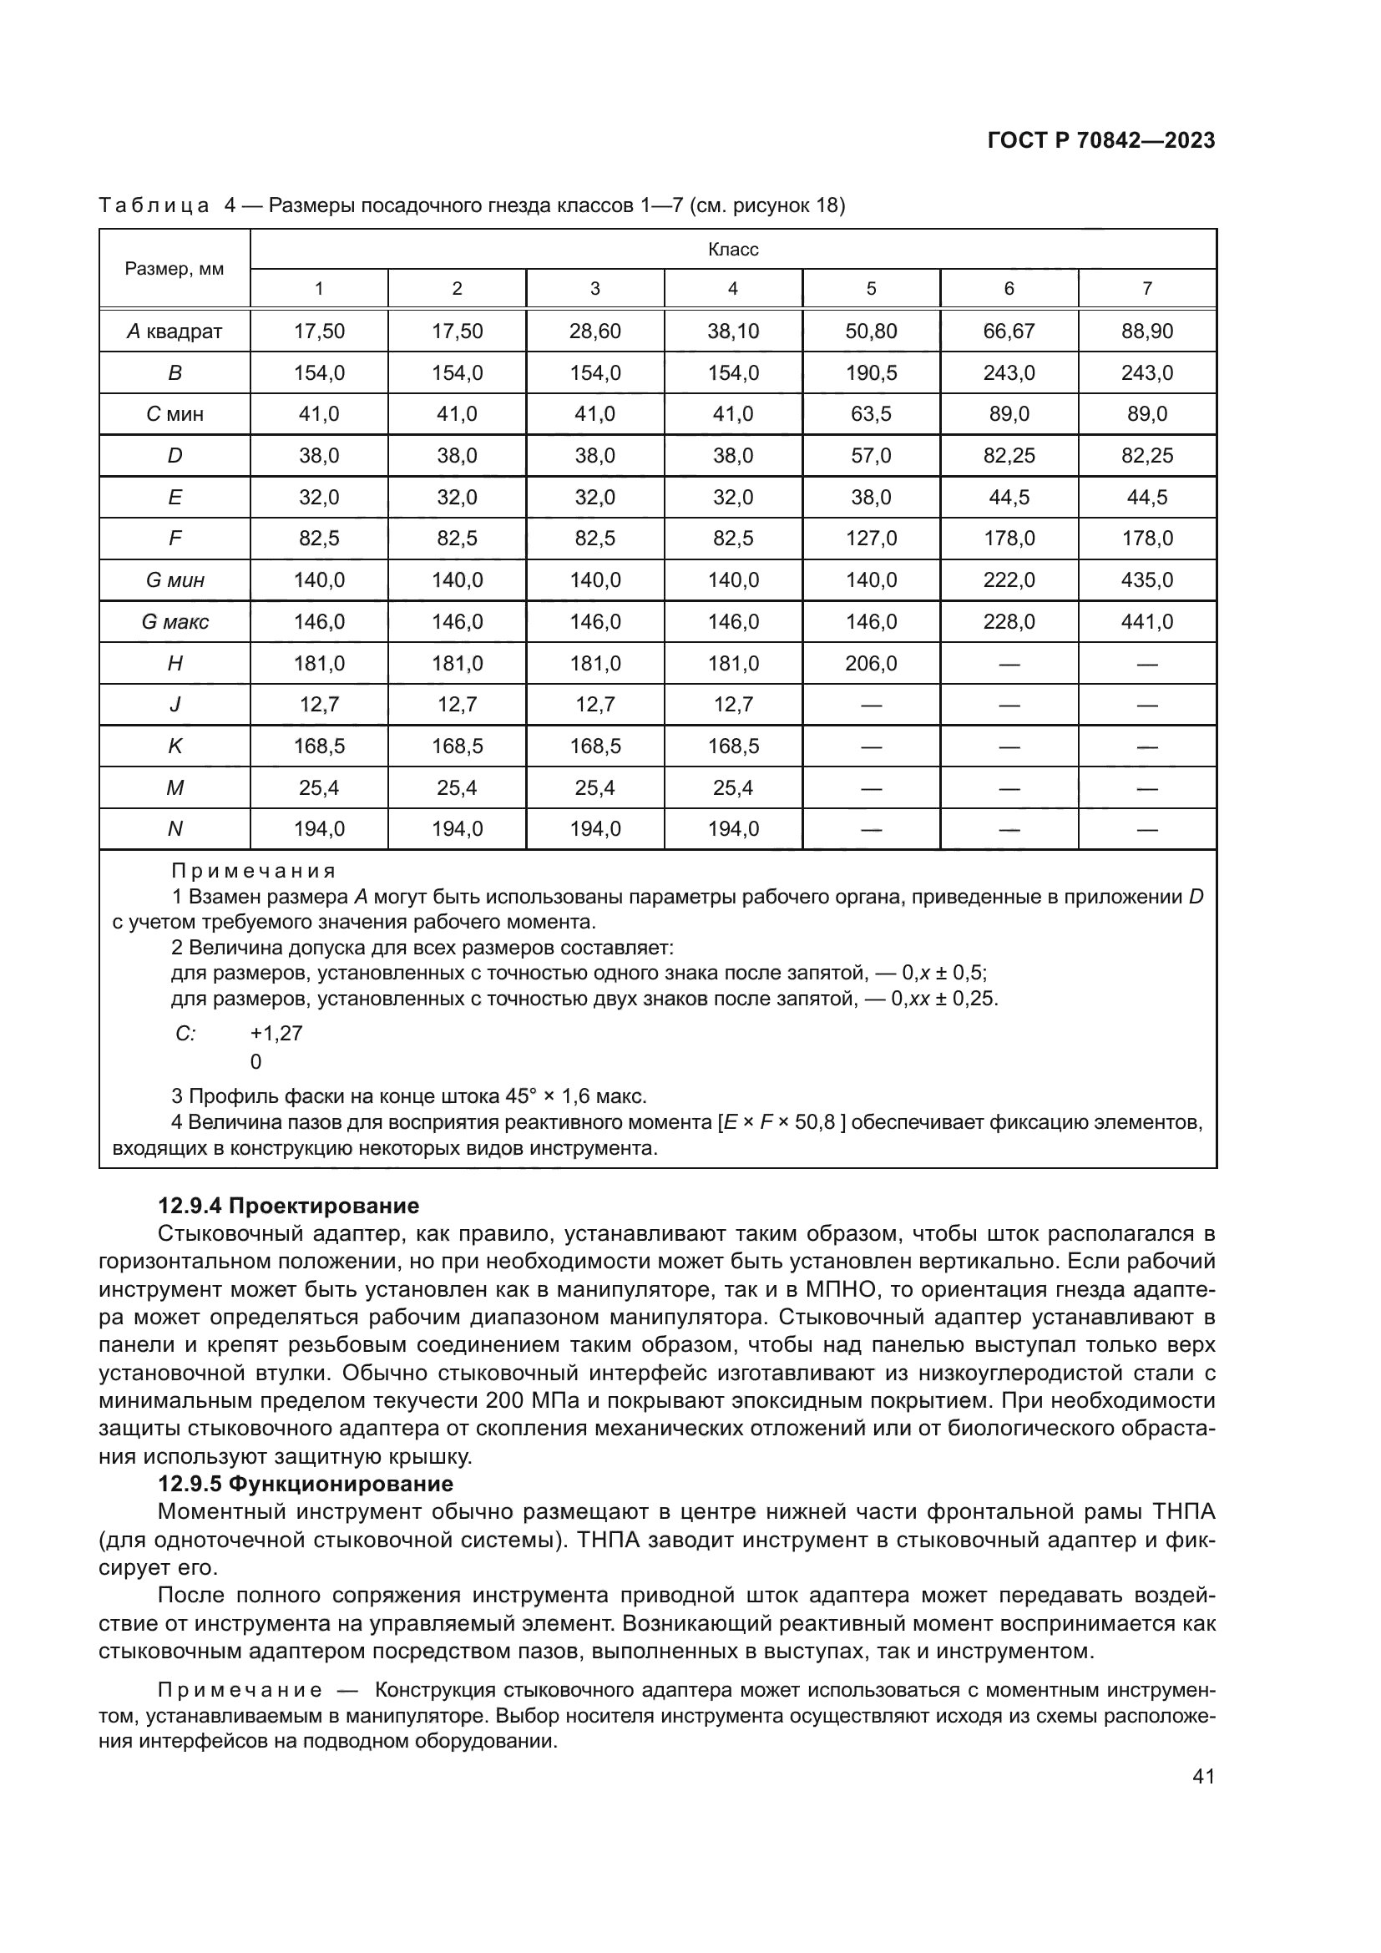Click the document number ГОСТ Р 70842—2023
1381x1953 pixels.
[1100, 141]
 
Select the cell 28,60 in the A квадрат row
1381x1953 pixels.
[594, 331]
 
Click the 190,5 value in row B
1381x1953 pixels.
[871, 372]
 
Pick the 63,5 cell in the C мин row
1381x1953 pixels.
[871, 414]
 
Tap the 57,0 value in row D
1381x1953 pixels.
[871, 456]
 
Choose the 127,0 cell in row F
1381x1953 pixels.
[871, 539]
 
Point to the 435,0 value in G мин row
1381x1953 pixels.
[1146, 580]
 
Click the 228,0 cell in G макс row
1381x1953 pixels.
[1009, 622]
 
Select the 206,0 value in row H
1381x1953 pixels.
[871, 664]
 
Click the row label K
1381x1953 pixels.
[175, 746]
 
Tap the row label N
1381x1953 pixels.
[175, 829]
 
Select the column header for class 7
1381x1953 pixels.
[1146, 288]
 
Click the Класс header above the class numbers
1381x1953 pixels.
[732, 249]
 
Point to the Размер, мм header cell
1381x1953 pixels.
[175, 269]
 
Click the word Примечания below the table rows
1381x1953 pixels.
[254, 871]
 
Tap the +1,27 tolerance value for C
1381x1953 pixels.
[276, 1034]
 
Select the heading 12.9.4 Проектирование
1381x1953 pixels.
[288, 1206]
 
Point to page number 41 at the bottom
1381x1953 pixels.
[1203, 1776]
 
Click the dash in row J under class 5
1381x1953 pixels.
[871, 706]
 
